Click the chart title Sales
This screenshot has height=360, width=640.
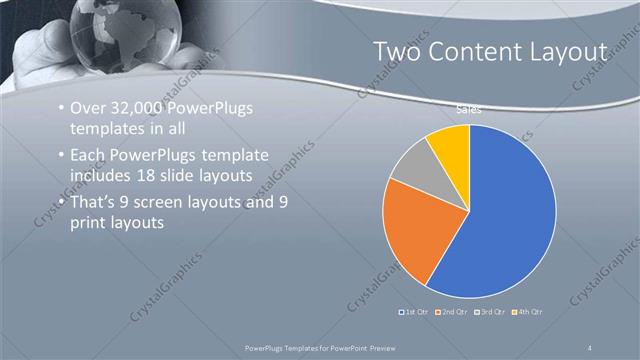click(x=469, y=110)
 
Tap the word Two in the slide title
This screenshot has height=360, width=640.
click(x=396, y=51)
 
